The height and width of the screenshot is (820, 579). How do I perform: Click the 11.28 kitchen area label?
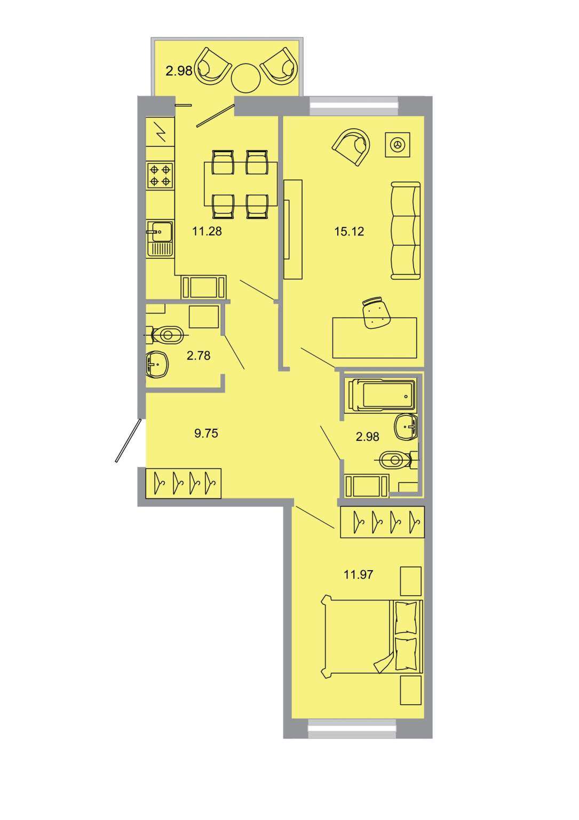coord(207,231)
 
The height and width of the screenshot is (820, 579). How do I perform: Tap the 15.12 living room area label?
coord(349,231)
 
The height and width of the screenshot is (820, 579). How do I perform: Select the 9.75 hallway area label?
coord(206,433)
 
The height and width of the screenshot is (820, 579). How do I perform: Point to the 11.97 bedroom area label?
coord(358,574)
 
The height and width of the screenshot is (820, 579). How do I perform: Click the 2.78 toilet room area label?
coord(199,356)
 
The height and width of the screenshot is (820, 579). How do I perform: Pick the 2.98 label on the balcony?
coord(179,70)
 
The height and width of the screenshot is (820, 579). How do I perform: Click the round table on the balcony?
coord(246,78)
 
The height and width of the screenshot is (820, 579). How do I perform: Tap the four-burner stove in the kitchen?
coord(160,176)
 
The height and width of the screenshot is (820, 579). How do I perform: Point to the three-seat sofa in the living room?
coord(406,231)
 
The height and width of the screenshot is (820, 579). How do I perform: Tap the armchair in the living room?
coord(351,146)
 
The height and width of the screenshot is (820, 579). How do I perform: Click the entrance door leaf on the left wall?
coord(128,440)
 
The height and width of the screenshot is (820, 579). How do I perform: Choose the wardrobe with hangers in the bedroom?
coord(382,522)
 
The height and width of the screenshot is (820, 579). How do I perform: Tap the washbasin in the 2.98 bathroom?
coord(406,427)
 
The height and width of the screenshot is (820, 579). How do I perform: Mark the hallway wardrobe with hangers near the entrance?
coord(184,483)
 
